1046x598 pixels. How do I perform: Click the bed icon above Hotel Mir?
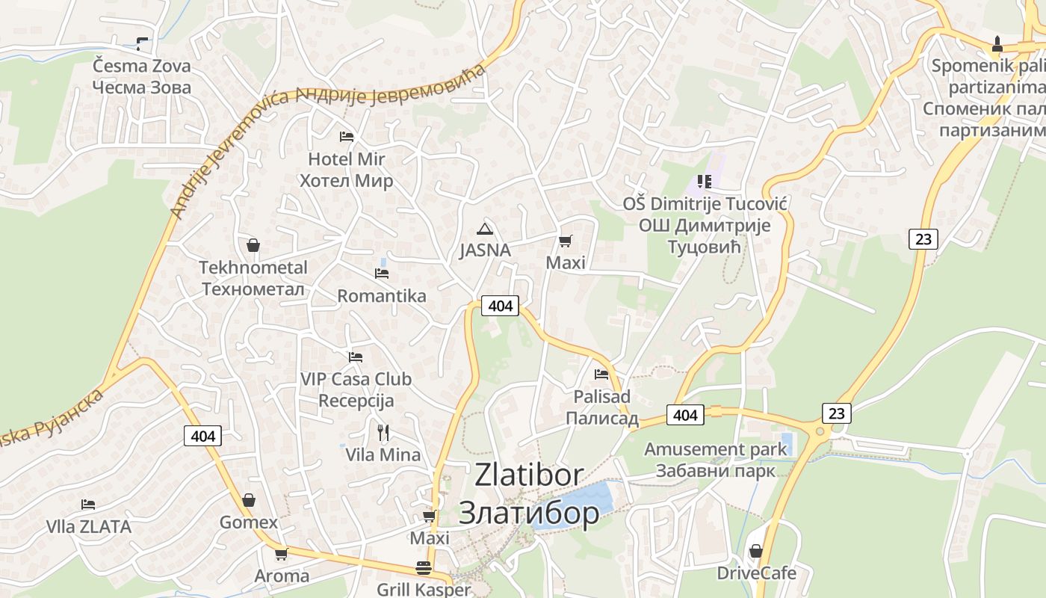coord(347,136)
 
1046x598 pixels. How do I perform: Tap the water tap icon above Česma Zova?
coord(141,43)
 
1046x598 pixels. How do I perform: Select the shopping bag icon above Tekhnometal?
coord(253,244)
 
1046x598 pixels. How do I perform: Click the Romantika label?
coord(382,296)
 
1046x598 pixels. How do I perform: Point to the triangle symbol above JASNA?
coord(485,229)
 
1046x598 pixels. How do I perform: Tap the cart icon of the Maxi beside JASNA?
coord(566,241)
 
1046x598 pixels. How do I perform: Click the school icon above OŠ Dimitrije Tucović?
coord(704,181)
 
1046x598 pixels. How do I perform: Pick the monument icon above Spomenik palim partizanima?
coord(997,43)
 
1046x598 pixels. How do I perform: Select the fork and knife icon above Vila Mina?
coord(383,432)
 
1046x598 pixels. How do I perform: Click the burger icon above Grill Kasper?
coord(424,567)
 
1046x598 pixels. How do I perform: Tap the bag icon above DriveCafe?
coord(756,551)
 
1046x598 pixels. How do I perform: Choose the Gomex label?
coord(249,523)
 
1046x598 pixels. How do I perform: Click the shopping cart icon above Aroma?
coord(282,554)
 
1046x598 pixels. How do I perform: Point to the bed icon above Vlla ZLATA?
coord(88,505)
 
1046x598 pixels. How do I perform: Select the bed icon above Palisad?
coord(601,374)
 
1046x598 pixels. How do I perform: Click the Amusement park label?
coord(716,449)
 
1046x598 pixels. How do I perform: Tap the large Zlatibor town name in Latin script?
coord(529,475)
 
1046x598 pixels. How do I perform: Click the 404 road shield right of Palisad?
coord(685,415)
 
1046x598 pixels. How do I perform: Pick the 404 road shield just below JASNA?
coord(500,305)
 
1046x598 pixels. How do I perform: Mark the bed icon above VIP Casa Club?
coord(356,357)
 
